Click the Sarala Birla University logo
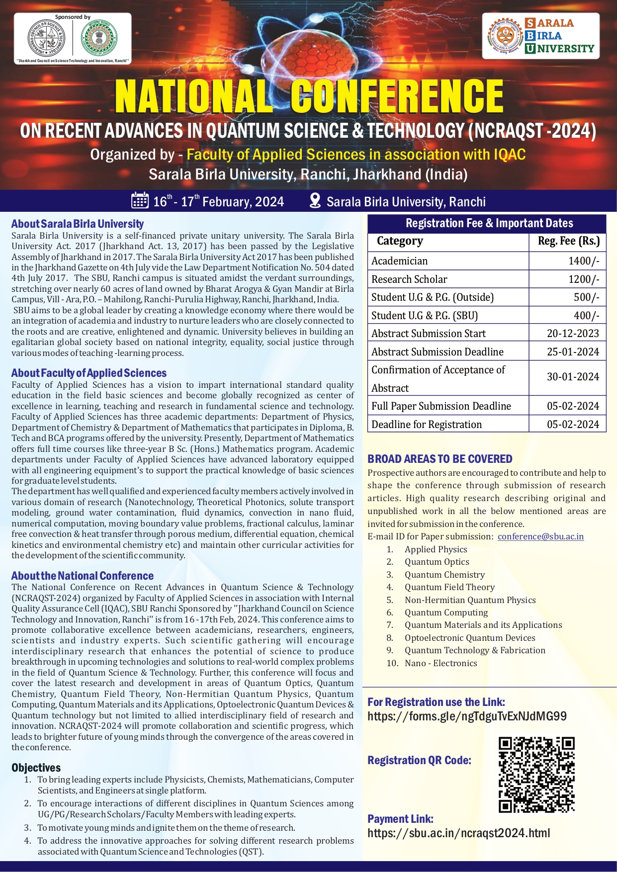(x=540, y=36)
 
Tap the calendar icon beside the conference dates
(x=140, y=200)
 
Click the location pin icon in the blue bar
(x=315, y=200)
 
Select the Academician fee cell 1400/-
(x=584, y=261)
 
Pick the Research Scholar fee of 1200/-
(x=584, y=279)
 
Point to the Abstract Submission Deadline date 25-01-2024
(x=573, y=352)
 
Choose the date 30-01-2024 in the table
(x=573, y=377)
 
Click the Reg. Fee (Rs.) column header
(x=569, y=241)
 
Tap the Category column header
(x=400, y=241)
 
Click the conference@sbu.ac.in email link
(x=540, y=536)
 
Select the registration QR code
(x=536, y=775)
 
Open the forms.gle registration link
(x=467, y=716)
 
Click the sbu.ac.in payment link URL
(x=458, y=833)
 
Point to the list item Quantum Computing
(x=446, y=612)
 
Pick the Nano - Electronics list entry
(x=441, y=663)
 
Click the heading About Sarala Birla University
(x=78, y=224)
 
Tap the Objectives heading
(x=36, y=768)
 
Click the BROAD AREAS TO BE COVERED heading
(x=440, y=459)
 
